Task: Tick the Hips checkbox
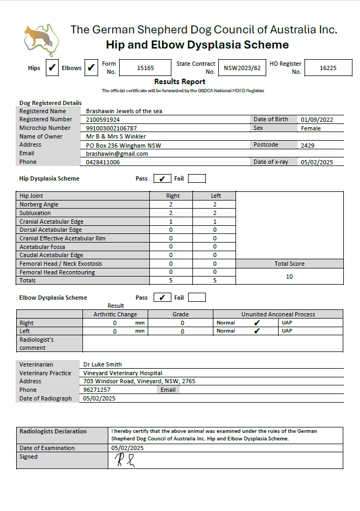tap(52, 68)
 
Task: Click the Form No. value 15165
tap(146, 68)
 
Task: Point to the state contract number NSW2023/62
tap(242, 68)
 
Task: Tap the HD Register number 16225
tap(328, 68)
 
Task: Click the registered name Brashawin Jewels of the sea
tap(124, 111)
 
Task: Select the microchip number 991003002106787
tap(112, 128)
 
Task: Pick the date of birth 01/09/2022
tap(317, 120)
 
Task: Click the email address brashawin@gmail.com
tap(117, 154)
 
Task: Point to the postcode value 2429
tap(308, 146)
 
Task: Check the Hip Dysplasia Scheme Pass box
tap(162, 178)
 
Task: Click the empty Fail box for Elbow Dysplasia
tap(197, 298)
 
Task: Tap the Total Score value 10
tap(289, 277)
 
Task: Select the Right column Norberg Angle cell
tap(171, 205)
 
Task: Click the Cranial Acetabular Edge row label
tap(51, 222)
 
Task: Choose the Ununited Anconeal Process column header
tap(278, 314)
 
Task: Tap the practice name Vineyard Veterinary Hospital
tap(122, 373)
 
